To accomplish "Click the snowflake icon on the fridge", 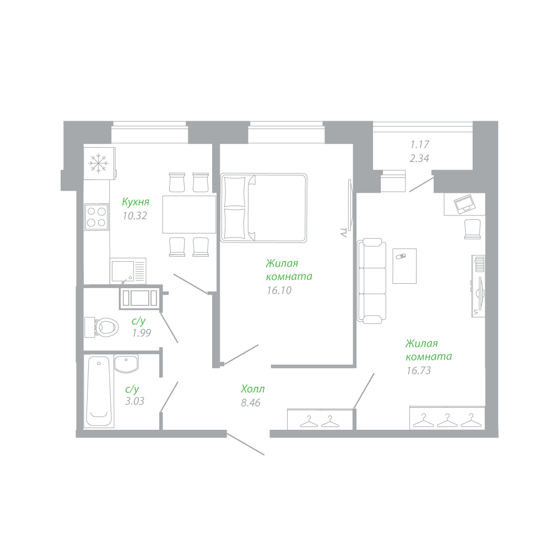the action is point(99,163).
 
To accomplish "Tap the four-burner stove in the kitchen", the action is point(96,217).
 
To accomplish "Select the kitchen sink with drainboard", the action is point(128,271).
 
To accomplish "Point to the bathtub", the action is point(99,391).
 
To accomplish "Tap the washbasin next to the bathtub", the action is point(127,363).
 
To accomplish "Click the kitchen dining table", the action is point(189,214).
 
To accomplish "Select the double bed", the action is point(264,208).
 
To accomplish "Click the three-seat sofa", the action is point(372,280).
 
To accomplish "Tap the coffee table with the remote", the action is point(404,266).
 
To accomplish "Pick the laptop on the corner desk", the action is point(464,203).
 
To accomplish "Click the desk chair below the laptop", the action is point(473,229).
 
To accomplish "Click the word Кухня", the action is point(136,202).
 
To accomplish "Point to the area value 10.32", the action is point(135,216).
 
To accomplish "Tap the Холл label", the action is point(253,389).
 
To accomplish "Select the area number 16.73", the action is point(419,370).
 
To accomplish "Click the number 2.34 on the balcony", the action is point(419,159).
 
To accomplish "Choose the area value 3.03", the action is point(135,401).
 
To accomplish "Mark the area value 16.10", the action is point(279,290).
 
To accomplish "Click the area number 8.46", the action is point(251,403).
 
